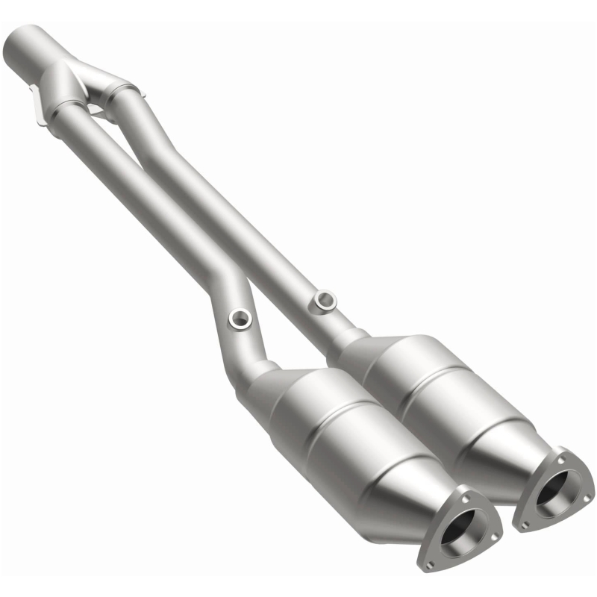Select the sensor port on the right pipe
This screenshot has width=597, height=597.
pyautogui.click(x=325, y=300)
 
